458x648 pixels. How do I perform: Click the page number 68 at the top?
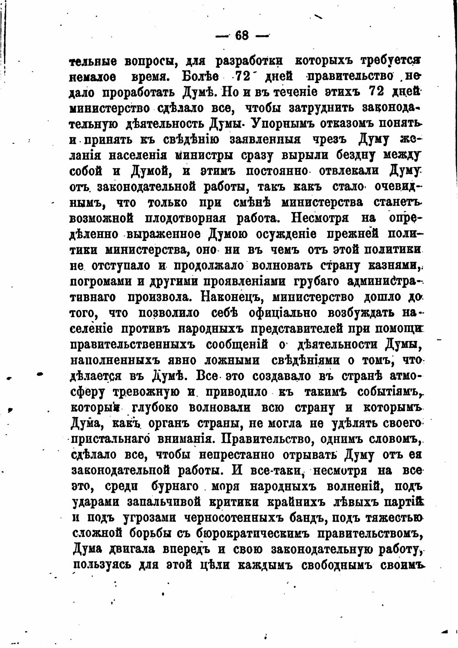(242, 36)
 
